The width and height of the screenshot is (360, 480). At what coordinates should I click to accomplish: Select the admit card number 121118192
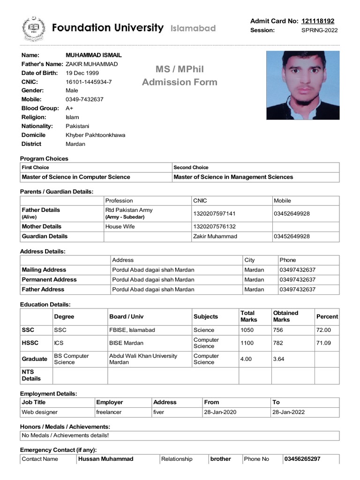coord(318,21)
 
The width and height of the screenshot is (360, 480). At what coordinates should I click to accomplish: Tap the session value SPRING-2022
coord(319,30)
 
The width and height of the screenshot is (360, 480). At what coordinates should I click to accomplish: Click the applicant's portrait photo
coord(303,85)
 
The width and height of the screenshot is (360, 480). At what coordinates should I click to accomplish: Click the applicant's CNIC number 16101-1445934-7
coord(89,82)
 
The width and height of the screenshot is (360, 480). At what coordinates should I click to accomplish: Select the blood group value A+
coord(69,108)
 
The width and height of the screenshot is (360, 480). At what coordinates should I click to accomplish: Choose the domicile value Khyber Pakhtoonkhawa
coord(95,135)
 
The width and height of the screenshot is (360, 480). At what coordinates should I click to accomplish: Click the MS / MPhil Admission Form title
coord(180,76)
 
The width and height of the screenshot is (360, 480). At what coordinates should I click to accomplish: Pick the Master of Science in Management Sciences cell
coord(233,177)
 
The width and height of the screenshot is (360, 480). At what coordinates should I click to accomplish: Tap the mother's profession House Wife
coord(120,227)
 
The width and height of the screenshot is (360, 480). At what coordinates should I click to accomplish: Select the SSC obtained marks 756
coord(278,330)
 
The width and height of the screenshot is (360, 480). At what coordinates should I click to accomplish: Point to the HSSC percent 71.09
coord(323,343)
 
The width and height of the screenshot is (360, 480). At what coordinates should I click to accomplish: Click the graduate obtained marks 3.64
coord(278,359)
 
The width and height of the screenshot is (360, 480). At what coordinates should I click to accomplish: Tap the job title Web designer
coord(40,412)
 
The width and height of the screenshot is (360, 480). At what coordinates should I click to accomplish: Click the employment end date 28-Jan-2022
coord(289,412)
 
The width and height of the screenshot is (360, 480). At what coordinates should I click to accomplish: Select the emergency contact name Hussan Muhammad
coord(106,459)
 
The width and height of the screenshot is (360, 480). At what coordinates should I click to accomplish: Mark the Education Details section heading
coord(45,305)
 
